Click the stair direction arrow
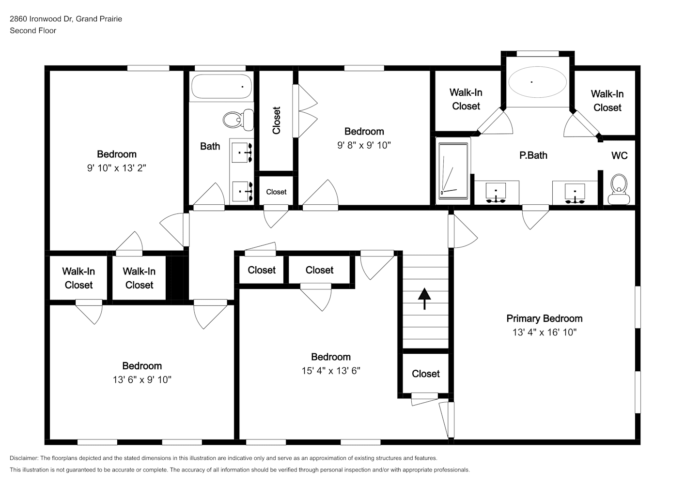click(424, 299)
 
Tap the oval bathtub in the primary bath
click(537, 82)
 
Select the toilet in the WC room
click(619, 189)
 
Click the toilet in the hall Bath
click(238, 120)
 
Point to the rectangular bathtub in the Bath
click(222, 87)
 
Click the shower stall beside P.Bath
click(453, 171)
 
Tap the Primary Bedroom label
click(545, 318)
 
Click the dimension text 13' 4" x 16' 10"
click(545, 332)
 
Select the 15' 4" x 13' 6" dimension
click(331, 371)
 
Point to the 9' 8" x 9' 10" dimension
click(364, 145)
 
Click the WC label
click(619, 155)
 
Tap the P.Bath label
click(533, 155)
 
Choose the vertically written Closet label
click(277, 121)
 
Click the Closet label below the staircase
click(426, 373)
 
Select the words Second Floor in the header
click(33, 30)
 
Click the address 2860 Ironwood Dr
click(41, 19)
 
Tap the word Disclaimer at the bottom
click(24, 458)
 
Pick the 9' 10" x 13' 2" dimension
click(117, 168)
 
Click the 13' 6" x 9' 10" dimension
click(142, 379)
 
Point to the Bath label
click(210, 146)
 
